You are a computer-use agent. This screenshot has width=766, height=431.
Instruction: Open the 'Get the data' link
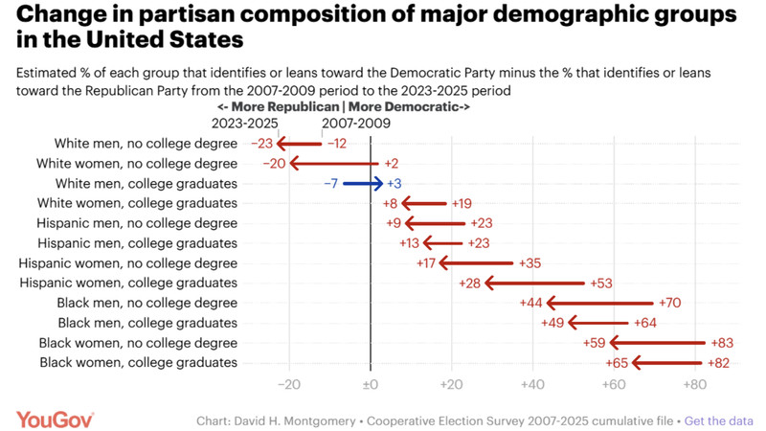pos(719,420)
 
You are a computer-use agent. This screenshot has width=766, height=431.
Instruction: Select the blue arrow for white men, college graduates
pos(363,183)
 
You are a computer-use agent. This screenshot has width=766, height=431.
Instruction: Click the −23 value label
pos(261,143)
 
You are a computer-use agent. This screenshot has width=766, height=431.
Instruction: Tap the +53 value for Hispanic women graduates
pos(602,283)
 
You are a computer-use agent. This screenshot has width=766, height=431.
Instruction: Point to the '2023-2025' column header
pos(244,124)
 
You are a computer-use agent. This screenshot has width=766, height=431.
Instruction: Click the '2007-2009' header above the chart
pos(357,124)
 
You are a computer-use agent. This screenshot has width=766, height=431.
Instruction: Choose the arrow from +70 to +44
pos(598,303)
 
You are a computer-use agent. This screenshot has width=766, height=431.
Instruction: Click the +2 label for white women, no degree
pos(392,163)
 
